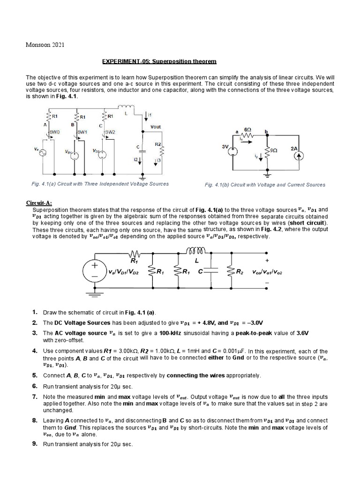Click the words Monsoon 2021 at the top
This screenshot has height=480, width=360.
click(x=44, y=45)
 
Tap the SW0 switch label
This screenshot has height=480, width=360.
click(x=54, y=132)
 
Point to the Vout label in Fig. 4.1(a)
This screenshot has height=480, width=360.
click(x=155, y=127)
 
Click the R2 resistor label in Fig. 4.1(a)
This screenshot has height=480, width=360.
click(x=157, y=144)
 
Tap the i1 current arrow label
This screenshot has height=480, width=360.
click(x=150, y=115)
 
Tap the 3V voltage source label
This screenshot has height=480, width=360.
click(x=225, y=147)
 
